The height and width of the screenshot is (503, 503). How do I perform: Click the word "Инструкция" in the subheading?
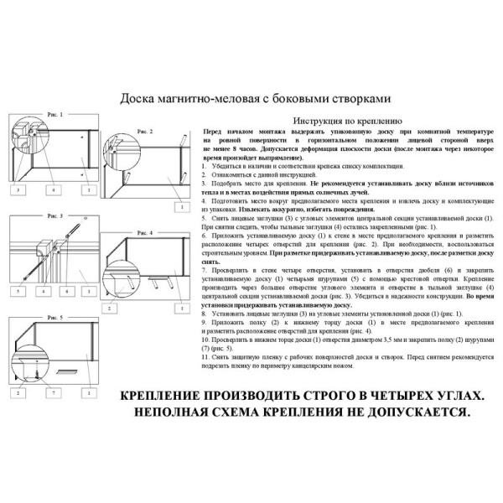coord(314,121)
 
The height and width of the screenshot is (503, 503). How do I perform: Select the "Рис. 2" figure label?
coord(145,132)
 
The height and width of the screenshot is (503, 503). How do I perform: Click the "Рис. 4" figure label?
coord(144,232)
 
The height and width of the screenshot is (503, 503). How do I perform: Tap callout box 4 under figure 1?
coord(52,191)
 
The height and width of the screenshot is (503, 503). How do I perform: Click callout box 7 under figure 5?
coord(52,392)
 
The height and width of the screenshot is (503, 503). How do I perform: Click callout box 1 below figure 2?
coord(179,205)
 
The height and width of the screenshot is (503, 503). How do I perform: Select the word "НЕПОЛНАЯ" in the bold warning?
coord(174,412)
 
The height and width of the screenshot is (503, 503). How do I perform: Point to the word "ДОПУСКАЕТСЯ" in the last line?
coord(417,412)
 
